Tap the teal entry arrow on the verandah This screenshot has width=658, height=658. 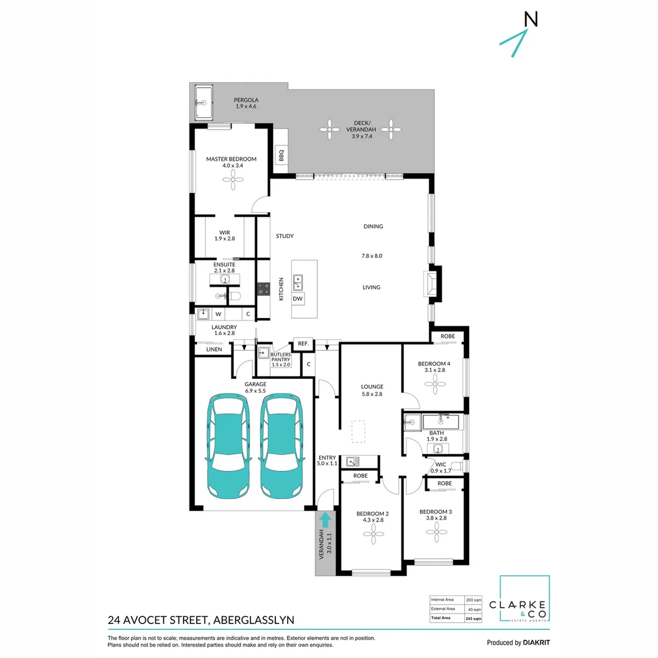(x=325, y=520)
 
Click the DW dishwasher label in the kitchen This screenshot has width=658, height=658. (x=298, y=299)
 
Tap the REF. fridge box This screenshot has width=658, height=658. (x=303, y=344)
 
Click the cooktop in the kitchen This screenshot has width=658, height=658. (x=264, y=288)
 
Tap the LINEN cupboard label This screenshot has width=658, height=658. (x=214, y=349)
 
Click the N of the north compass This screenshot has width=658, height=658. (x=531, y=19)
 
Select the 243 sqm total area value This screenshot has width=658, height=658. (x=473, y=618)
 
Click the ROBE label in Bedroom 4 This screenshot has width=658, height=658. (x=447, y=336)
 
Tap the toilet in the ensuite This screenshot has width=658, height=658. (x=235, y=297)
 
